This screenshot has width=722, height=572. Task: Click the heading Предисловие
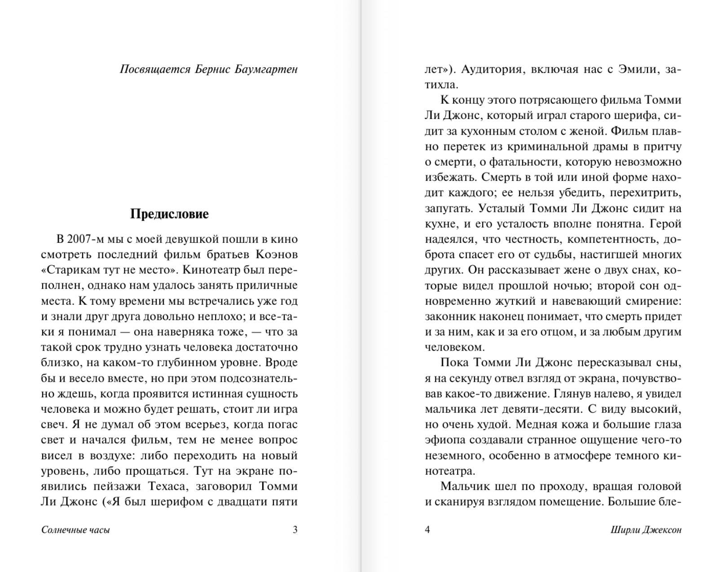pos(169,214)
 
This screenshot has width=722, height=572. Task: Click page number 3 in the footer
pos(295,530)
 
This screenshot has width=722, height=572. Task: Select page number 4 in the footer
pos(427,530)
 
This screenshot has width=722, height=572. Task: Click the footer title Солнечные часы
pos(75,530)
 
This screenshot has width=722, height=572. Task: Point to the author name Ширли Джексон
pos(646,530)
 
